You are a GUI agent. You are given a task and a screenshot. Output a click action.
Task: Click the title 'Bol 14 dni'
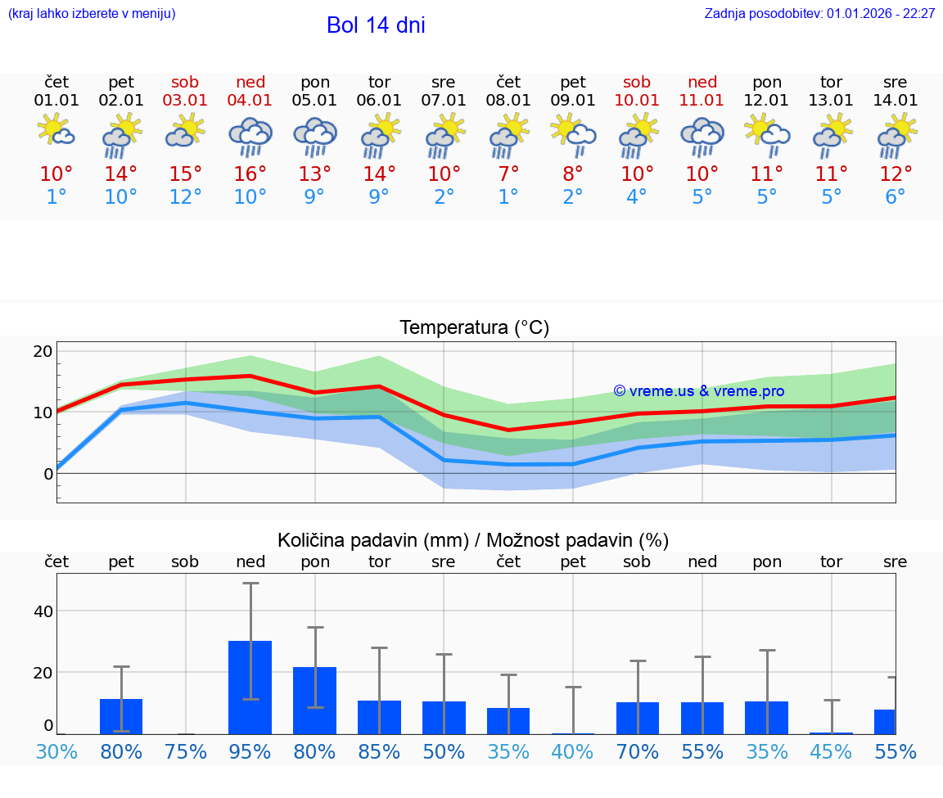click(x=376, y=25)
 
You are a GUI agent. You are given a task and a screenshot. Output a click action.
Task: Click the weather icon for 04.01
click(x=250, y=136)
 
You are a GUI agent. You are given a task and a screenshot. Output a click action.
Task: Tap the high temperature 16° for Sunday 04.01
click(x=250, y=174)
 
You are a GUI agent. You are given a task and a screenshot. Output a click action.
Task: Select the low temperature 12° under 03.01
click(x=186, y=197)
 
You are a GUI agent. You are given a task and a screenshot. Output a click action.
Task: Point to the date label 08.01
click(x=508, y=101)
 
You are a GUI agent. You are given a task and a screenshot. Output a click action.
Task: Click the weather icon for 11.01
click(x=702, y=136)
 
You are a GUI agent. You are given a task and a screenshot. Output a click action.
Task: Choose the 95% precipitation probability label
click(x=250, y=751)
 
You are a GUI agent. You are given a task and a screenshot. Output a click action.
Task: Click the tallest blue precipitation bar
click(x=250, y=688)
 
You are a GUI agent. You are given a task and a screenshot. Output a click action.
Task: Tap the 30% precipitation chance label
click(x=56, y=751)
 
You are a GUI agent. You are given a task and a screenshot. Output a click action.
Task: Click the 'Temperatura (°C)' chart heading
click(x=474, y=328)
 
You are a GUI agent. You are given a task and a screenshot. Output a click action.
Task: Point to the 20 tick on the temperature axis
click(x=43, y=352)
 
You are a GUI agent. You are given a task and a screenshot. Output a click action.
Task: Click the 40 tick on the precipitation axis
click(x=43, y=611)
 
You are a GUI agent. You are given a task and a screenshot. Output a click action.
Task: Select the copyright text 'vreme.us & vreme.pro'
click(x=699, y=391)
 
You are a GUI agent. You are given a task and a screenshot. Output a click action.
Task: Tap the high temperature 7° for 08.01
click(x=508, y=174)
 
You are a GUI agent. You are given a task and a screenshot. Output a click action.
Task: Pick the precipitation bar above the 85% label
click(x=379, y=717)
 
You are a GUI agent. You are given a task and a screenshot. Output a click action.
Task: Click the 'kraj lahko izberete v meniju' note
click(x=92, y=14)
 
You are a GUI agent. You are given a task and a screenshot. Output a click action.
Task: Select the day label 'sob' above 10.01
click(x=637, y=82)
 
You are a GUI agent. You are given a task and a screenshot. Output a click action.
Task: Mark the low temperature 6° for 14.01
click(x=896, y=197)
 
